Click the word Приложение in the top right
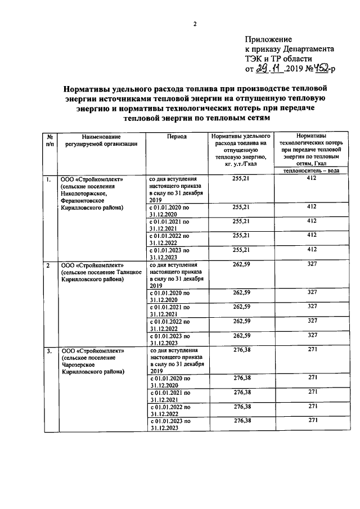(268, 39)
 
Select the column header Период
(177, 137)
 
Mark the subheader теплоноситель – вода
(312, 170)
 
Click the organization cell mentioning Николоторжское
(101, 193)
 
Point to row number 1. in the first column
(49, 179)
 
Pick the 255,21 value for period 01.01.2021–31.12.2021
(241, 221)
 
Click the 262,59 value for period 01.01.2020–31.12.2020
(241, 292)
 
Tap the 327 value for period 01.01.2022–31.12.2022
(312, 321)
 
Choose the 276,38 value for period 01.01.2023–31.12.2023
(241, 420)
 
